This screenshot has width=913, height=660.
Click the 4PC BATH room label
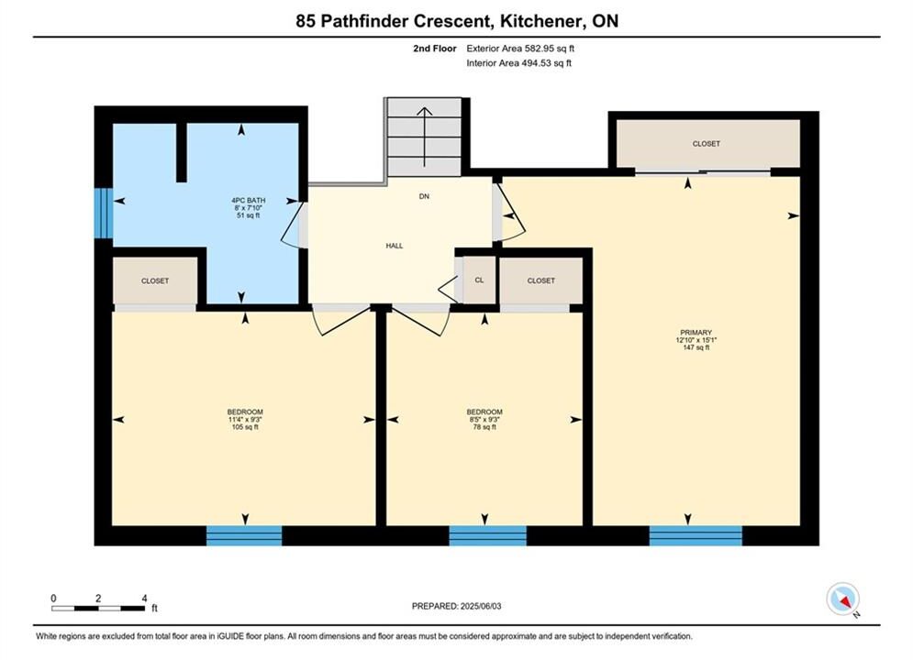pyautogui.click(x=248, y=207)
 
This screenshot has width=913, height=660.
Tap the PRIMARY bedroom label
pyautogui.click(x=696, y=339)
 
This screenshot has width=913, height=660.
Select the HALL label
pyautogui.click(x=395, y=246)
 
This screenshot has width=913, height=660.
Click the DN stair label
pyautogui.click(x=424, y=196)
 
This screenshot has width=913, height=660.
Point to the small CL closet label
pyautogui.click(x=479, y=280)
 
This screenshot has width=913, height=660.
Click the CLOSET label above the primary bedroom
pyautogui.click(x=707, y=144)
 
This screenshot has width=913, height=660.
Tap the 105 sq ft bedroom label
pyautogui.click(x=245, y=419)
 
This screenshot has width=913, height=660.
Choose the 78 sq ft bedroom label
pyautogui.click(x=484, y=419)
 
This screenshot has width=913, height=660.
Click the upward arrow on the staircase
pyautogui.click(x=425, y=137)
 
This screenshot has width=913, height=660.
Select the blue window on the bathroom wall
pyautogui.click(x=104, y=213)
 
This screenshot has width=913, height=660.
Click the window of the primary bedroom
pyautogui.click(x=696, y=535)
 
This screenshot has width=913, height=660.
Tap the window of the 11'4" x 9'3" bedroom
pyautogui.click(x=244, y=535)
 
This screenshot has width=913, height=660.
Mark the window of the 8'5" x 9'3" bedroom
pyautogui.click(x=487, y=535)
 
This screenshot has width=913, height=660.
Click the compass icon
pyautogui.click(x=842, y=599)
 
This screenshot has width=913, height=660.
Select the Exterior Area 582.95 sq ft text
pyautogui.click(x=520, y=49)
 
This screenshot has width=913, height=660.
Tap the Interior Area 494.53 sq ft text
pyautogui.click(x=518, y=63)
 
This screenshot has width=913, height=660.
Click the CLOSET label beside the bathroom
pyautogui.click(x=155, y=280)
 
